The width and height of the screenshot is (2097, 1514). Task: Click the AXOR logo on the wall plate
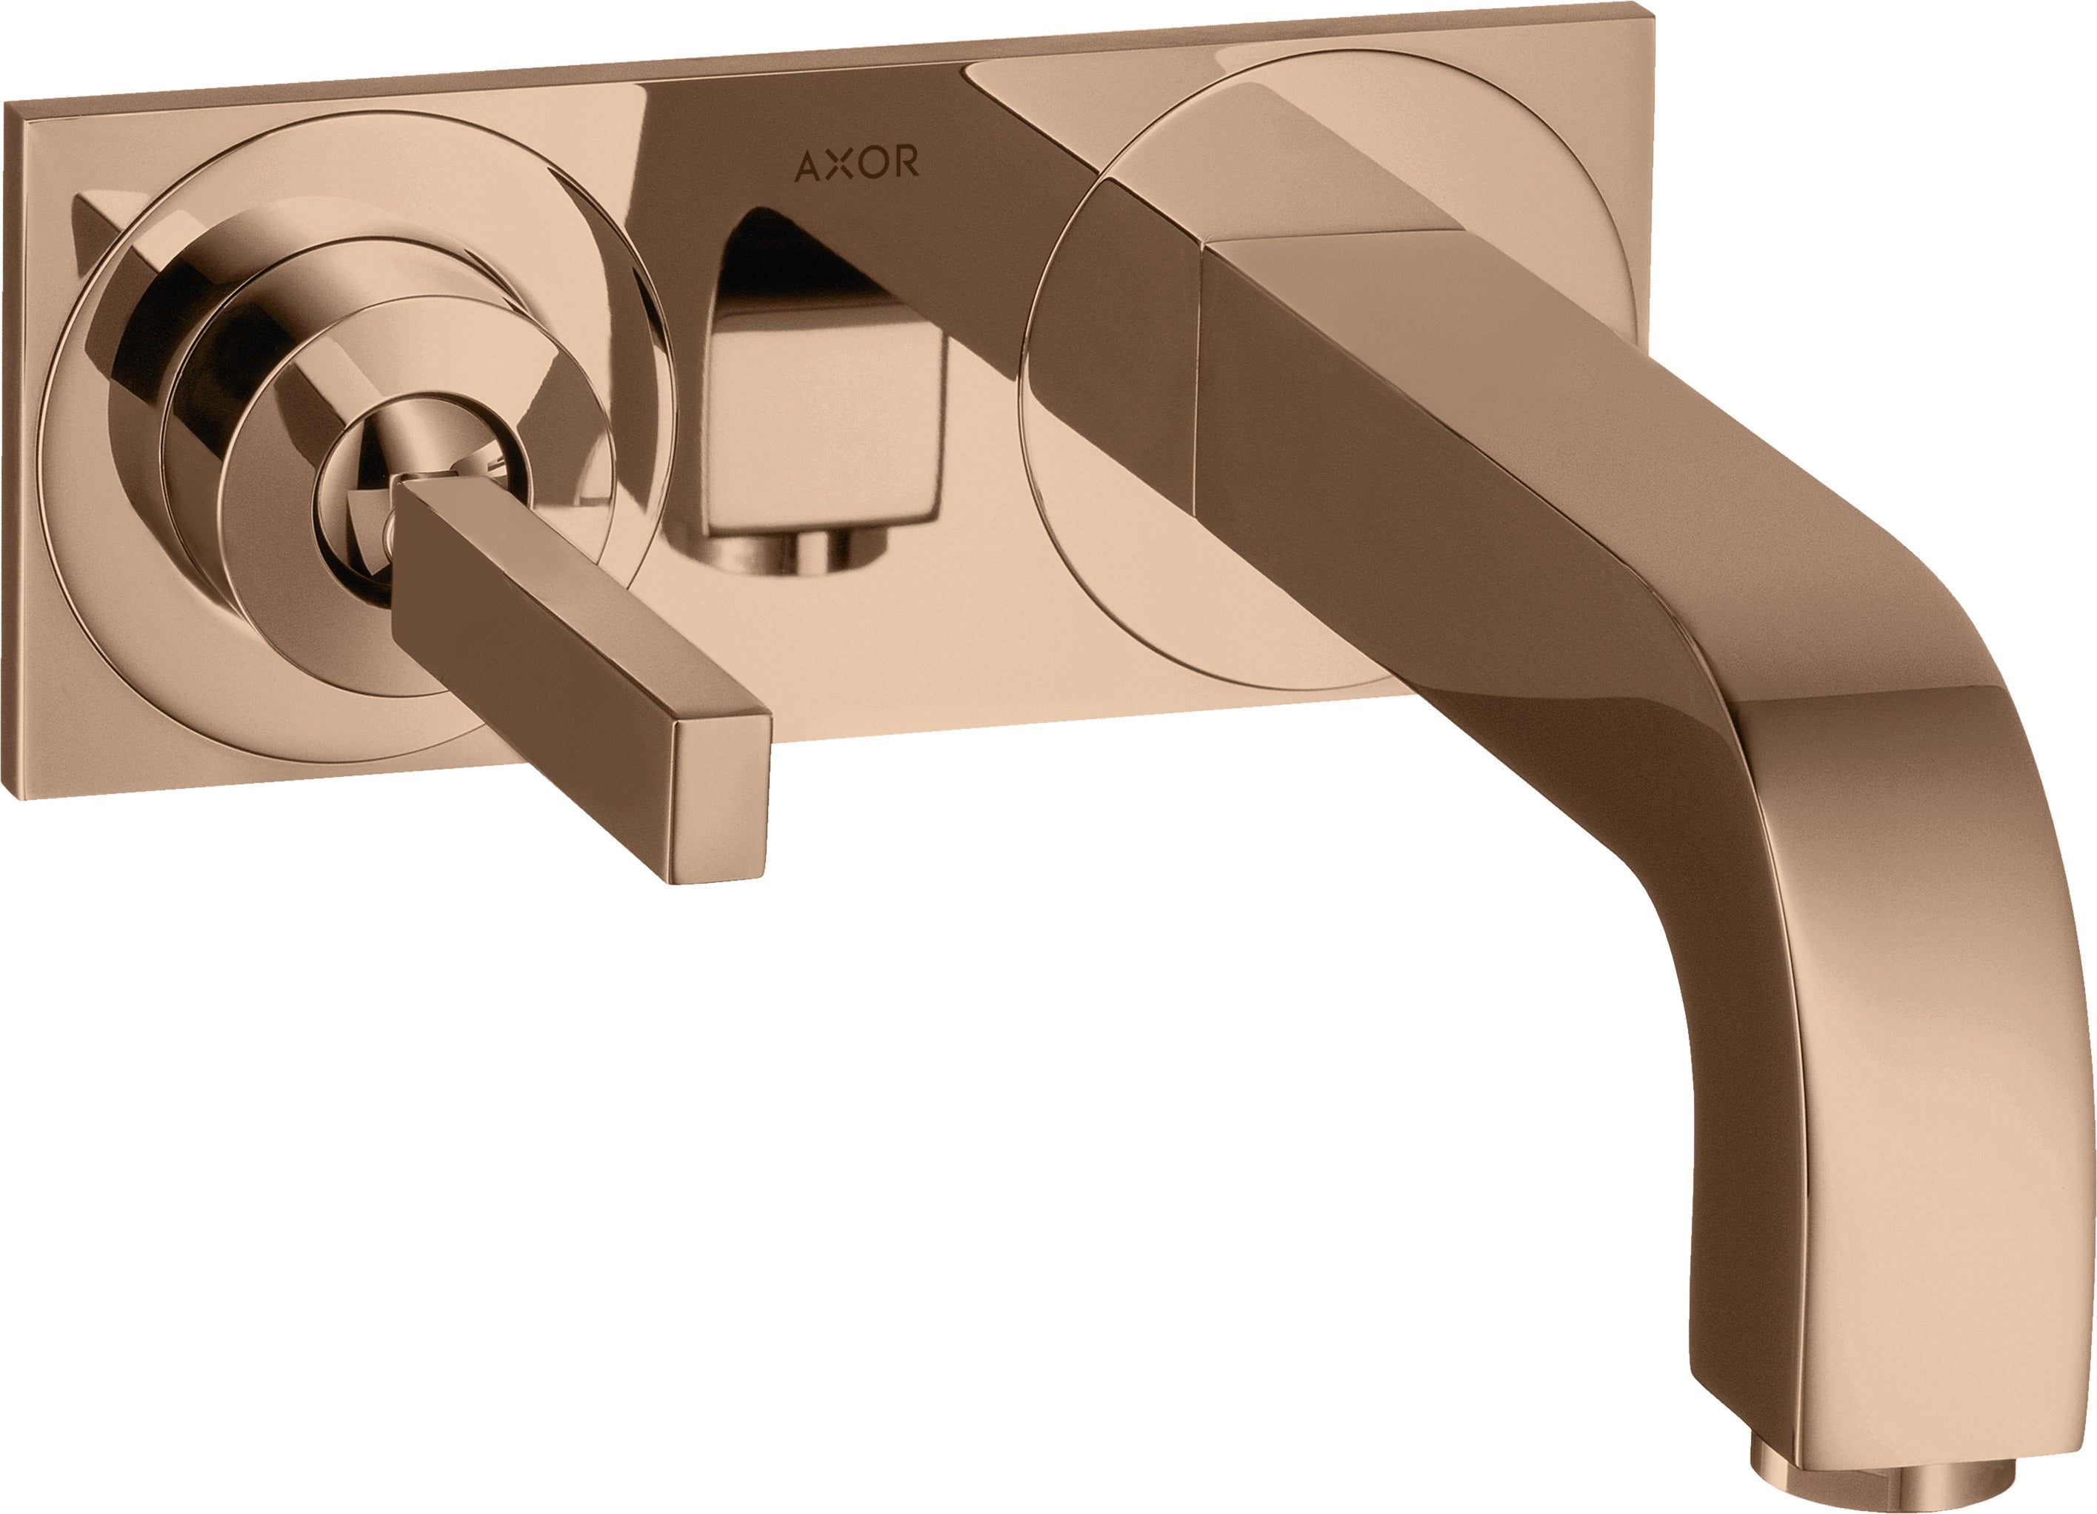[856, 164]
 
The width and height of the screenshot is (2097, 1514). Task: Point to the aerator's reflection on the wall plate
[795, 555]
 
